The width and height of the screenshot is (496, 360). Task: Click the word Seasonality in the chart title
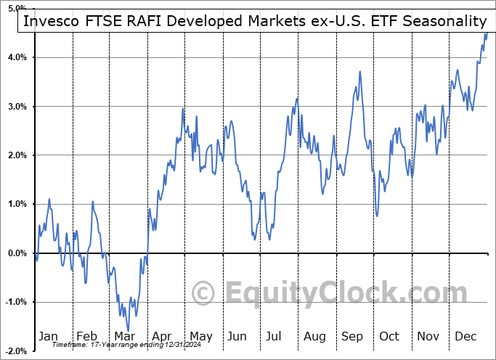[441, 21]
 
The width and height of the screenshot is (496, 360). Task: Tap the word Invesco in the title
[50, 21]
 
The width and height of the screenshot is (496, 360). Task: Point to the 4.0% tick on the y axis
[18, 57]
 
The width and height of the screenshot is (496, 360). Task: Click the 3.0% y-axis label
[18, 107]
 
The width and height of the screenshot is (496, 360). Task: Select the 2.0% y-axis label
[18, 155]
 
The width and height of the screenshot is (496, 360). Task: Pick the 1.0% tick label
[18, 204]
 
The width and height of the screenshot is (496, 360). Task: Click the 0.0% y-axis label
[18, 253]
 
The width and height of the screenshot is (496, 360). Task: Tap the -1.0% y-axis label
[17, 302]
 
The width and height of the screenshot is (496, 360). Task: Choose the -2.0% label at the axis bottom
[17, 351]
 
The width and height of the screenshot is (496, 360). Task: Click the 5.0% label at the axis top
[18, 8]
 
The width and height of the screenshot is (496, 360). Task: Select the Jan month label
[48, 336]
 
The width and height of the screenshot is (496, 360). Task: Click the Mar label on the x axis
[124, 336]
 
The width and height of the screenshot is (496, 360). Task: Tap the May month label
[200, 336]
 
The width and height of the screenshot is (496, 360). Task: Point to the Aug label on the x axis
[316, 336]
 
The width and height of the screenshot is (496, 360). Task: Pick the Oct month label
[390, 336]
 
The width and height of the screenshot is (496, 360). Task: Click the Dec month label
[466, 336]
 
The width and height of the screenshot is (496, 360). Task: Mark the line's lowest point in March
[128, 331]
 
